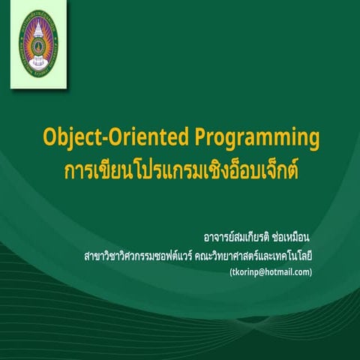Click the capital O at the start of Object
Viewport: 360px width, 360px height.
(49, 137)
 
